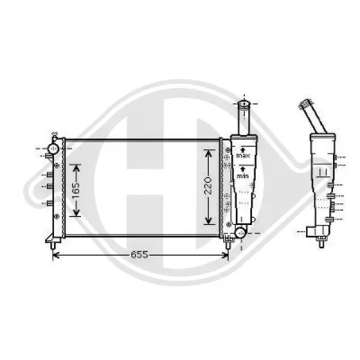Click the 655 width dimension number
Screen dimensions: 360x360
point(139,254)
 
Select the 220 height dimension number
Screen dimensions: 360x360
point(208,185)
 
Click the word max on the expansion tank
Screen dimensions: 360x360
point(243,155)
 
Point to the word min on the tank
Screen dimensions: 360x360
point(242,176)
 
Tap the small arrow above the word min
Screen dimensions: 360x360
point(242,169)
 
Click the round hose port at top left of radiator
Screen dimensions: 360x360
point(54,149)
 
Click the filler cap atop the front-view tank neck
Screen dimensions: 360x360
point(244,104)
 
